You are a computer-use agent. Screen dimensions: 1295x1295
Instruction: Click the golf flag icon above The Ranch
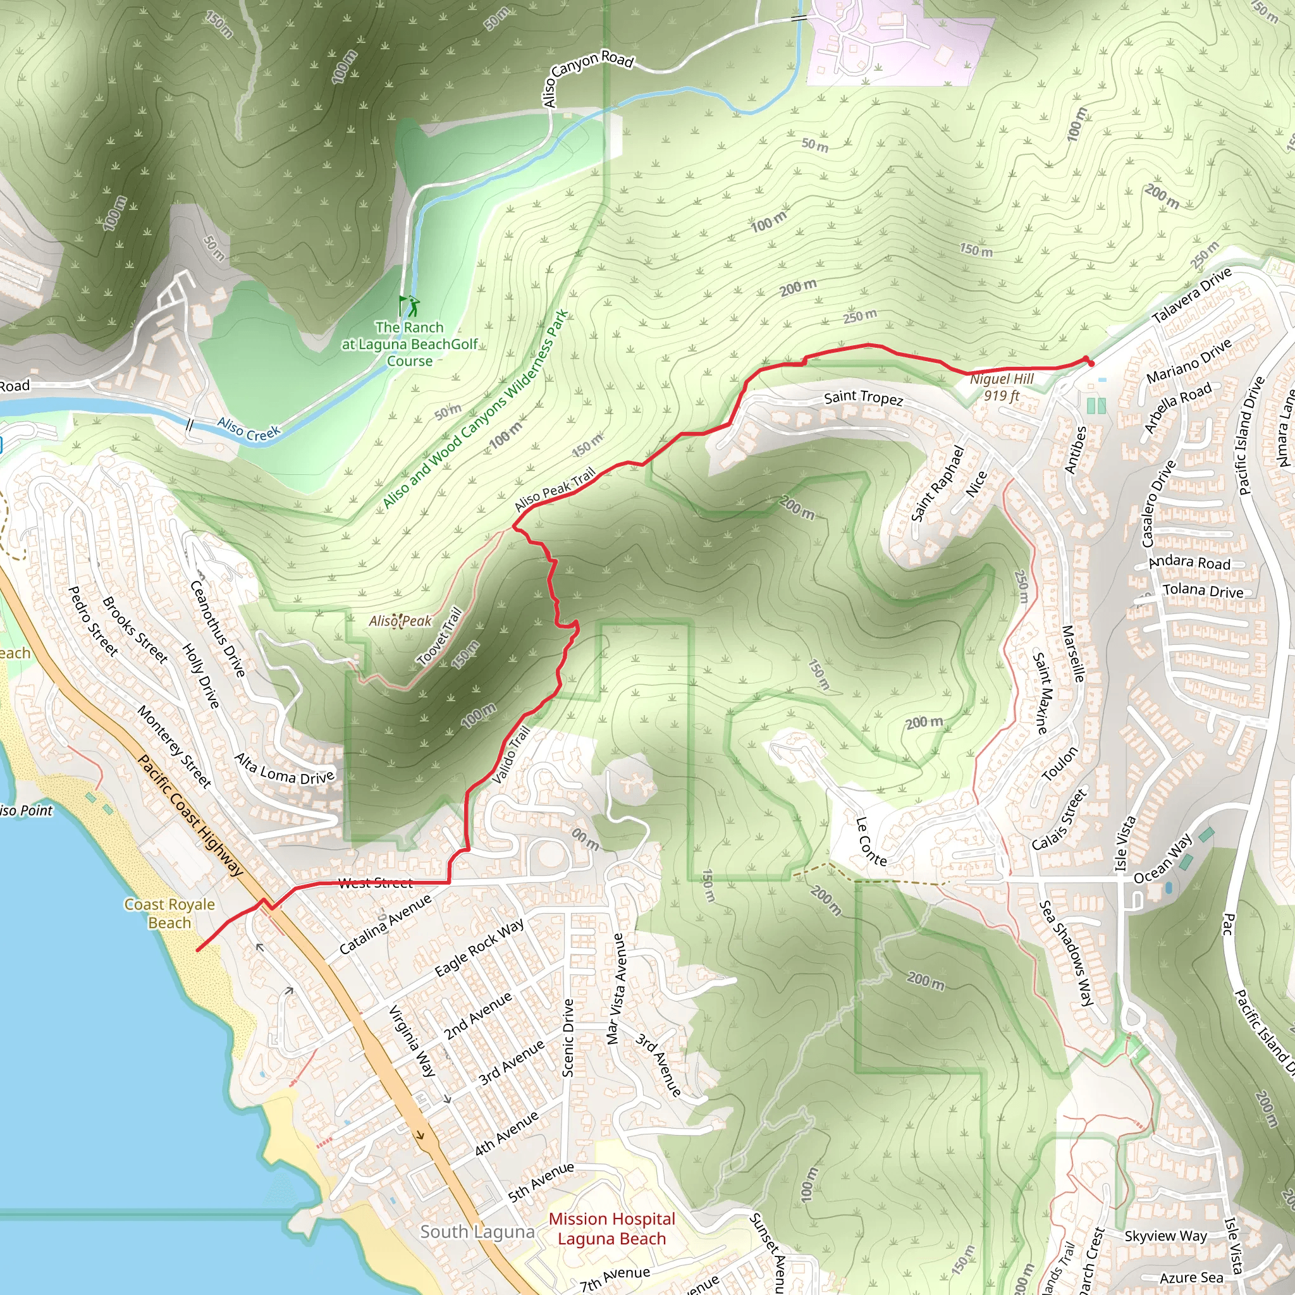[x=408, y=305]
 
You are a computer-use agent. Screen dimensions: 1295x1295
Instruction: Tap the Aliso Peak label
[x=400, y=622]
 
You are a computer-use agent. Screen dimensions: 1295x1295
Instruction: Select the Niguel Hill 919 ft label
[x=1002, y=388]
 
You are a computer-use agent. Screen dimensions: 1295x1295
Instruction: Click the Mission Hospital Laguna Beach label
[x=611, y=1229]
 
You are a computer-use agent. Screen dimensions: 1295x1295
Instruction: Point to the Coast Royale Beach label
[x=169, y=914]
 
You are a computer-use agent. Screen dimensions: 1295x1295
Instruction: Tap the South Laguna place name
[x=477, y=1232]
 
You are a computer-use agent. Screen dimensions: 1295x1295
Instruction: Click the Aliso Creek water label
[x=249, y=429]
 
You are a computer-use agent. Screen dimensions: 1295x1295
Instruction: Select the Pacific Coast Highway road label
[x=190, y=816]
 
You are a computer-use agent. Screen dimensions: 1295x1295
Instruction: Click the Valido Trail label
[x=512, y=755]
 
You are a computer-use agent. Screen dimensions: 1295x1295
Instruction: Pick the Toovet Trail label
[x=439, y=636]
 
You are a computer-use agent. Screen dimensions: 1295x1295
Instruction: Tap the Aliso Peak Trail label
[x=555, y=489]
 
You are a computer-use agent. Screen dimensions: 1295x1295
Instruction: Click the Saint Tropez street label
[x=863, y=398]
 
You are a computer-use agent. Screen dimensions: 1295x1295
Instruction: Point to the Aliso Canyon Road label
[x=587, y=75]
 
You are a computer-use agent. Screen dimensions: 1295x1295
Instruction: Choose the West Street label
[x=376, y=883]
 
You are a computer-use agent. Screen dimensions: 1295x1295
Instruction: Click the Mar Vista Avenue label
[x=615, y=988]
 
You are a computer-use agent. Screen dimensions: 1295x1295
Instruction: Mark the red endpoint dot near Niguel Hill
[x=1091, y=364]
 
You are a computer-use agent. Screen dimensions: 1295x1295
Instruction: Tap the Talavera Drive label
[x=1192, y=295]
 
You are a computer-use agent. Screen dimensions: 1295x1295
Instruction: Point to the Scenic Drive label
[x=568, y=1038]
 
